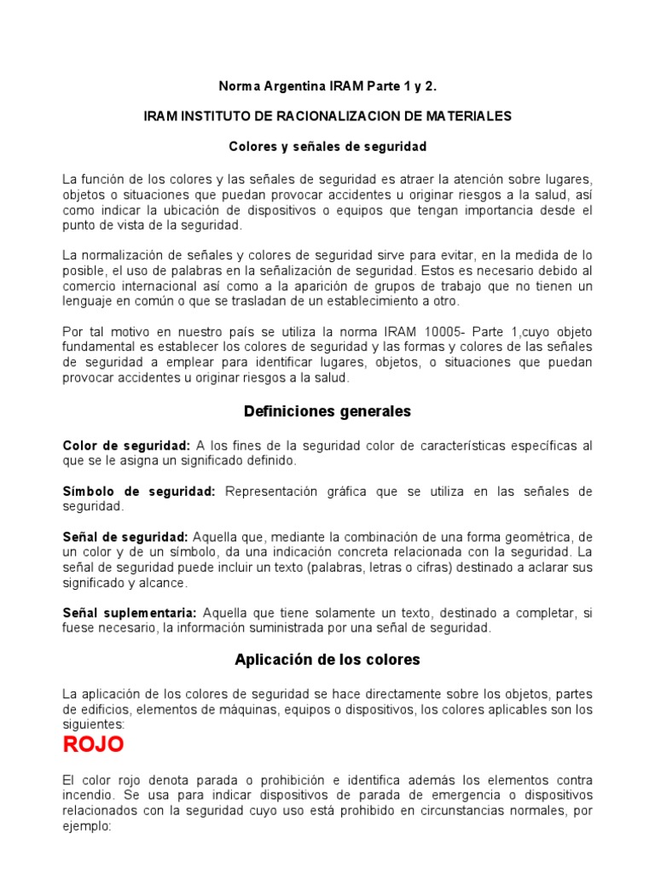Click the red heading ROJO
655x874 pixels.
94,744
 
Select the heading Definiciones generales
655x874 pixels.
327,411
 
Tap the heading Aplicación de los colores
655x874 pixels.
327,660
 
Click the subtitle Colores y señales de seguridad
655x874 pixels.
327,147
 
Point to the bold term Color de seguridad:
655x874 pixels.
125,446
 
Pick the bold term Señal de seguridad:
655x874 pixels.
125,537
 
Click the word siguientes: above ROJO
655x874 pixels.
94,723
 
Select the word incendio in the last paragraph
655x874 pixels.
87,795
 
